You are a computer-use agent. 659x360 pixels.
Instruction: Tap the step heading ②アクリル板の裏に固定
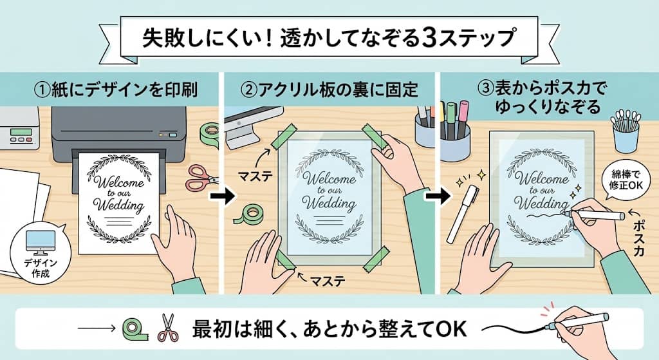tap(328, 89)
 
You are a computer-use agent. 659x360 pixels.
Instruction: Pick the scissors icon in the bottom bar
tap(168, 328)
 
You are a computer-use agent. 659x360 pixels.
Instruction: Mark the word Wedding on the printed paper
tap(118, 206)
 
